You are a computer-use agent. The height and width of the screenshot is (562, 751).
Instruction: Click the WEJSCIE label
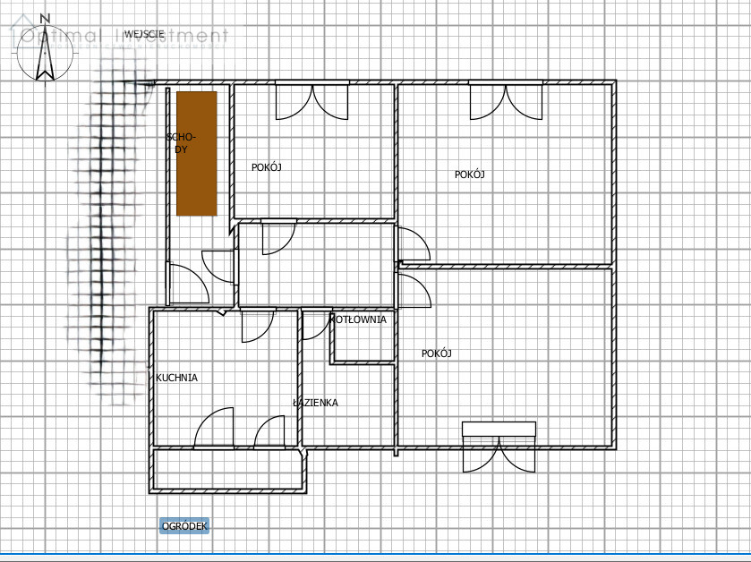pyautogui.click(x=144, y=34)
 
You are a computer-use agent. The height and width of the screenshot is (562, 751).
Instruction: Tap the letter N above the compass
pyautogui.click(x=45, y=19)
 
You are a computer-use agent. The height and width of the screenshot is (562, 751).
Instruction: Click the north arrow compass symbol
pyautogui.click(x=45, y=53)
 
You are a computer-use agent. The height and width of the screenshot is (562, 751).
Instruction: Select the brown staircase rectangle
pyautogui.click(x=197, y=154)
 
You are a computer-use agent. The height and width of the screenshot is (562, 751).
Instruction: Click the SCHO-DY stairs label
pyautogui.click(x=181, y=143)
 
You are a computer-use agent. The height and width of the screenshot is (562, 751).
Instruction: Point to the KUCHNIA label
pyautogui.click(x=176, y=378)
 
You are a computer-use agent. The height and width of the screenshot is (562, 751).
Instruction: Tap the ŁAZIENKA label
pyautogui.click(x=315, y=403)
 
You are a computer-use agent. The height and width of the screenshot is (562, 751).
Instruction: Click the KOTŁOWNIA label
pyautogui.click(x=359, y=319)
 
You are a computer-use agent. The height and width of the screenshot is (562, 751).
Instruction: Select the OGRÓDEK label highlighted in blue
pyautogui.click(x=184, y=526)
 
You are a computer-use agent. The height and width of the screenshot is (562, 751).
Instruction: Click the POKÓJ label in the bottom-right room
pyautogui.click(x=436, y=353)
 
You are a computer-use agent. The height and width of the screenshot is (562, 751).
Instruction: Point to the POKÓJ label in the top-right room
pyautogui.click(x=469, y=175)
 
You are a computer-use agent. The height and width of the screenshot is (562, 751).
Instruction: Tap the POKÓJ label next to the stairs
pyautogui.click(x=267, y=167)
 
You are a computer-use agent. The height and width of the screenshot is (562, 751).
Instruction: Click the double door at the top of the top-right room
pyautogui.click(x=506, y=100)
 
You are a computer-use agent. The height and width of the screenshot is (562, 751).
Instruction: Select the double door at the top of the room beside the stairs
pyautogui.click(x=311, y=100)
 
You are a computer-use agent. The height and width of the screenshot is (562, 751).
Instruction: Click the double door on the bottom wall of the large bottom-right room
pyautogui.click(x=499, y=447)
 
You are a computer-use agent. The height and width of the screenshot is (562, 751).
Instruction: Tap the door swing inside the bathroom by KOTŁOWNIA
pyautogui.click(x=317, y=325)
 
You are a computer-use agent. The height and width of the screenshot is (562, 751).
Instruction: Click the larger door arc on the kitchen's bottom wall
pyautogui.click(x=214, y=428)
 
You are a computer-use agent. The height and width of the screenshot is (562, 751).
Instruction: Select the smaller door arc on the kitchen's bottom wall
pyautogui.click(x=269, y=432)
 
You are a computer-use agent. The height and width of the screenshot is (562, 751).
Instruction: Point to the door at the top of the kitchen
pyautogui.click(x=258, y=326)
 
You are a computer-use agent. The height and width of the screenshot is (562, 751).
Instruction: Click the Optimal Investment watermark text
pyautogui.click(x=120, y=37)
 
